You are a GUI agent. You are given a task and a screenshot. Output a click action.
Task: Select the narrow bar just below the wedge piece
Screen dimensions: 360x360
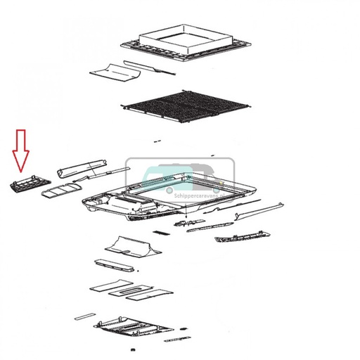(115, 264)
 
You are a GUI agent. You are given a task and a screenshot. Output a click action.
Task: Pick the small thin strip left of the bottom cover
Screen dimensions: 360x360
(84, 313)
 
